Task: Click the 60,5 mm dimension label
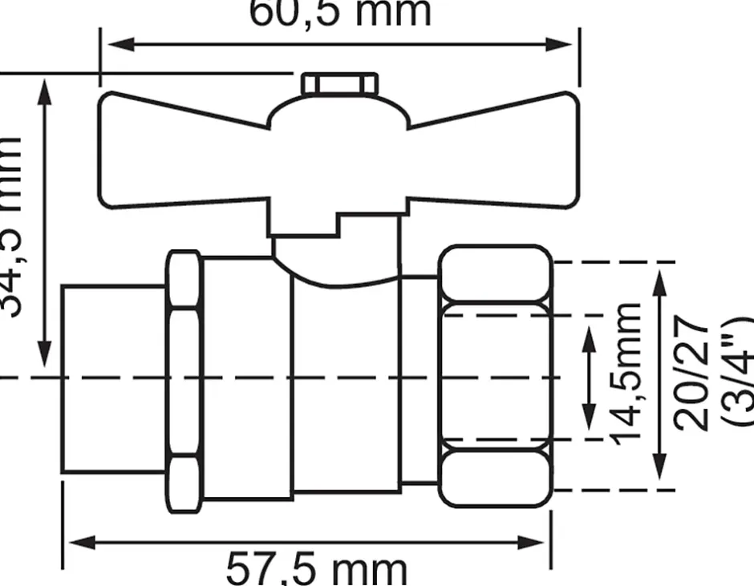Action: (340, 13)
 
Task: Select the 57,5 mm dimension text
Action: (316, 568)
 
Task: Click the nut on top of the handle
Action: (339, 83)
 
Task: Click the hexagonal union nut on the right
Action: (496, 376)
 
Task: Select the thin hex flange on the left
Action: (184, 382)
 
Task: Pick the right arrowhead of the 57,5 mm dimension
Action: (541, 543)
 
